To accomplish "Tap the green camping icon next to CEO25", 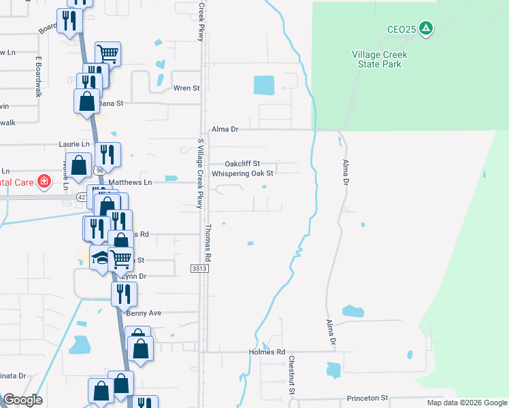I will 426,29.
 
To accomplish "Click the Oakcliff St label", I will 243,164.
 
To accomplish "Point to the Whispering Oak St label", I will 242,173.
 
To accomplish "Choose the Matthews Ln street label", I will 130,182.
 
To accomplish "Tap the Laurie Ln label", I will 74,144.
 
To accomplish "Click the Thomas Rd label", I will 209,243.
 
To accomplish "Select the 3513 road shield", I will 199,270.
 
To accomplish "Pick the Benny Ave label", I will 143,313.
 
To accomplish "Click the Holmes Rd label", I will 272,352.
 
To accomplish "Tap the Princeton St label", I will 367,398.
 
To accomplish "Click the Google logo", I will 22,400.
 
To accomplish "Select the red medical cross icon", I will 44,182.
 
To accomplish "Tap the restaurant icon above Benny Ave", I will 123,293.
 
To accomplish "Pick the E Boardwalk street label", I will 39,77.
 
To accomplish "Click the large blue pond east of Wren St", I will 263,85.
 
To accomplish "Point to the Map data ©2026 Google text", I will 466,403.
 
